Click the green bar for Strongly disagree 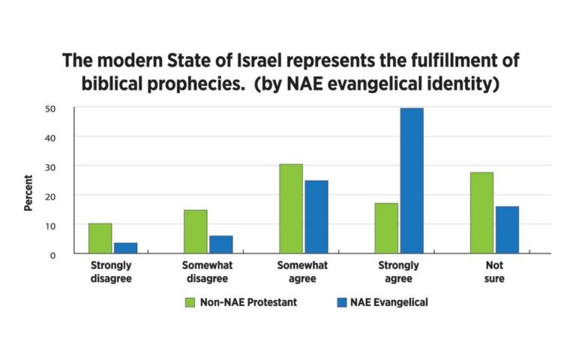(x=100, y=238)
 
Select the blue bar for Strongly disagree (x=125, y=248)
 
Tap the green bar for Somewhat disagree (x=195, y=232)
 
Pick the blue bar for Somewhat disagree (x=220, y=244)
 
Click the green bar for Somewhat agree (x=290, y=209)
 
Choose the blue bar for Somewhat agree (x=316, y=217)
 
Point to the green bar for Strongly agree (x=385, y=229)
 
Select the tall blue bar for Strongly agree (x=411, y=181)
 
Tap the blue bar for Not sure (x=506, y=230)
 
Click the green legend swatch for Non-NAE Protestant (x=190, y=302)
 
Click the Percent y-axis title (x=28, y=193)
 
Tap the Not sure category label (x=493, y=272)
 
